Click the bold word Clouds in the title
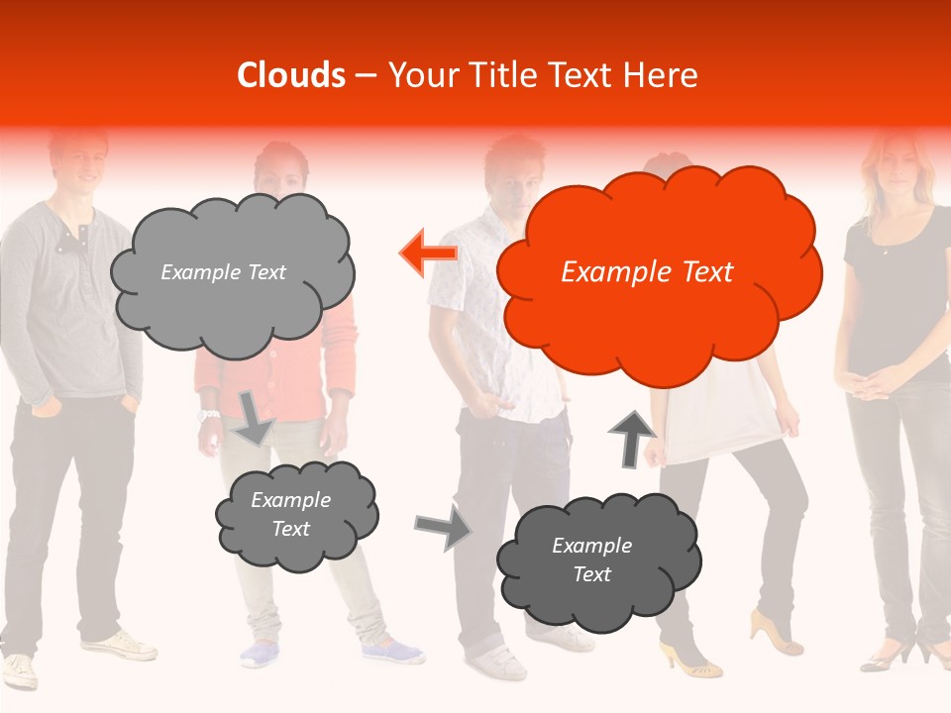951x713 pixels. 291,75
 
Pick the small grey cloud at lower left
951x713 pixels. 295,514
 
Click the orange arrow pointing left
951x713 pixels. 429,254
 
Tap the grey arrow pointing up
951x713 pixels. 631,437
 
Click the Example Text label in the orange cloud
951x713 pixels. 647,272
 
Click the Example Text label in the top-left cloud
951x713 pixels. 223,272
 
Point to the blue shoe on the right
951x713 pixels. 391,652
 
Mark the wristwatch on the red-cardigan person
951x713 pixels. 208,415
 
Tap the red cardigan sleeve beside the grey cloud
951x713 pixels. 342,347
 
